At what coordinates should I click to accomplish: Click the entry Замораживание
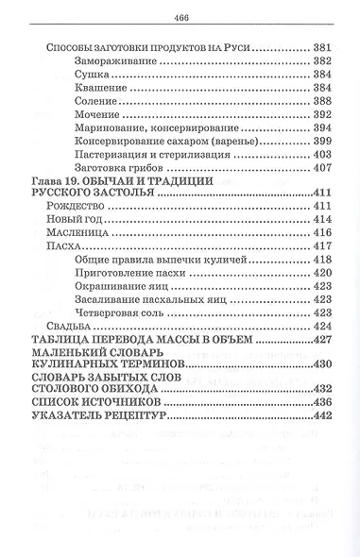click(111, 59)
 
